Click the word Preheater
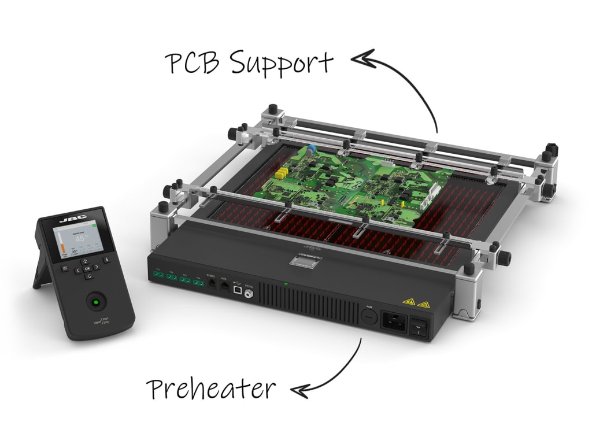point(210,389)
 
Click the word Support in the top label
point(282,64)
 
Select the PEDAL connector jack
point(250,294)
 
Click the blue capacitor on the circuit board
point(312,150)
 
